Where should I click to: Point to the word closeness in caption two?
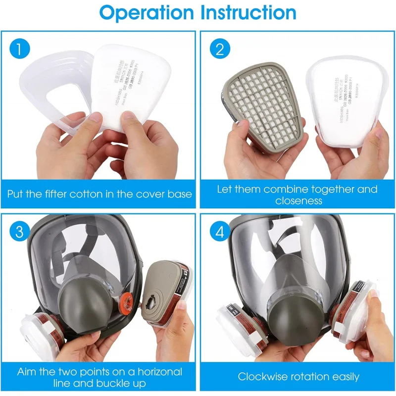click(x=298, y=201)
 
